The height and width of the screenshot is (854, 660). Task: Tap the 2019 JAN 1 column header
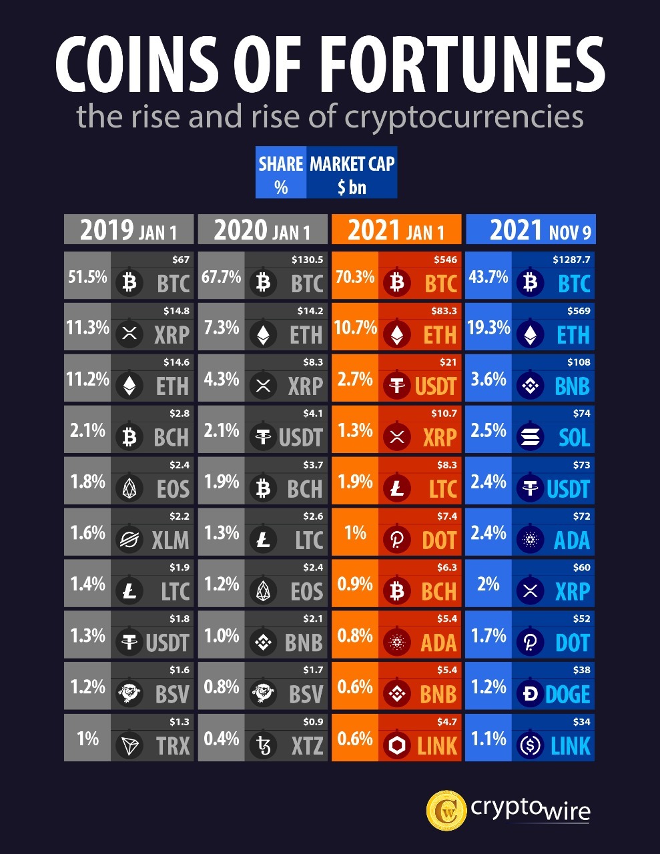point(129,230)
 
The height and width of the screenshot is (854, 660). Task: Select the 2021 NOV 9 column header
point(531,230)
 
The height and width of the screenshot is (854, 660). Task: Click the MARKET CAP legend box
point(352,173)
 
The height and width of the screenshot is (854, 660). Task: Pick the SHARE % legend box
point(281,173)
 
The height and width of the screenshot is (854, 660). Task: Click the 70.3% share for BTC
point(355,276)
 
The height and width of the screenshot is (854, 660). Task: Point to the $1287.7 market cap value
point(571,260)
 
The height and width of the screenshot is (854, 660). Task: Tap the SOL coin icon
point(531,438)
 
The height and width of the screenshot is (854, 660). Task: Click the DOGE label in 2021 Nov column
point(567,695)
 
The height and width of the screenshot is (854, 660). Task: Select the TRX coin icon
point(129,745)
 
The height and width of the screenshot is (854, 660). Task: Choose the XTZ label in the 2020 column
point(307,746)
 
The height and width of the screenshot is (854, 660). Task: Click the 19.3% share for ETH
point(488,328)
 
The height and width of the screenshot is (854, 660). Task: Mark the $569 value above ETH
point(579,311)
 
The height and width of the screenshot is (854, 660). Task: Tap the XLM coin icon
point(129,540)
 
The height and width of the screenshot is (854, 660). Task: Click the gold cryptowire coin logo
point(446,811)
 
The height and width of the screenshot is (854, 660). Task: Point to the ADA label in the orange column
point(438,643)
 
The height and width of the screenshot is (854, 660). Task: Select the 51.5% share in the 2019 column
point(87,276)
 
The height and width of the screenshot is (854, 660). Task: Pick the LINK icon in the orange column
point(397,745)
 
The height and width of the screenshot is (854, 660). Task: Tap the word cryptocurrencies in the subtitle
point(463,117)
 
